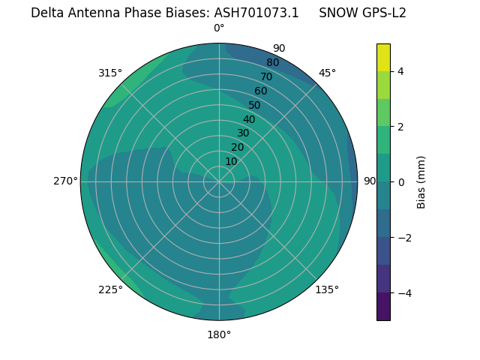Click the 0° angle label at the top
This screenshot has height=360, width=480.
pyautogui.click(x=219, y=28)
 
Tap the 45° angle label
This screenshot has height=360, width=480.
pyautogui.click(x=327, y=73)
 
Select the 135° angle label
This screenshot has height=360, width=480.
pyautogui.click(x=327, y=289)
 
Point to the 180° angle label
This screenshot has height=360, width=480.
pyautogui.click(x=219, y=334)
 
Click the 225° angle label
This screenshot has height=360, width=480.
pyautogui.click(x=110, y=290)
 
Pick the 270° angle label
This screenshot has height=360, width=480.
pyautogui.click(x=66, y=181)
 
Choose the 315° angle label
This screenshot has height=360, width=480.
pyautogui.click(x=110, y=73)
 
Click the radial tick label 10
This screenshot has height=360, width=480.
pyautogui.click(x=231, y=161)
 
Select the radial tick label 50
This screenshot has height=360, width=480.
pyautogui.click(x=254, y=105)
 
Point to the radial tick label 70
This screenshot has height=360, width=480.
pyautogui.click(x=266, y=76)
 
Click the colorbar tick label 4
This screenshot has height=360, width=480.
pyautogui.click(x=400, y=71)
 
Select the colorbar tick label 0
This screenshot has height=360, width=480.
pyautogui.click(x=400, y=182)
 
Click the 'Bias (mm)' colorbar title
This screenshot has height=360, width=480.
pyautogui.click(x=421, y=182)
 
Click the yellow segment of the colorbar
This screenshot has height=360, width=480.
pyautogui.click(x=383, y=57)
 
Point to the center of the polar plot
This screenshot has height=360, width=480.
pyautogui.click(x=219, y=181)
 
